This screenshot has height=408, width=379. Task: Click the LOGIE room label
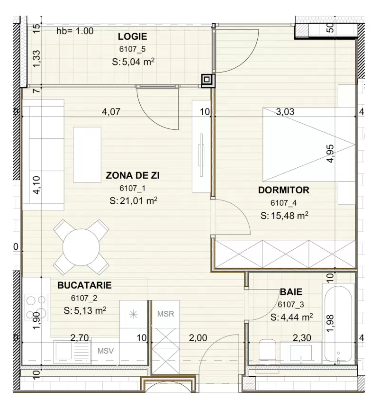pos(132,36)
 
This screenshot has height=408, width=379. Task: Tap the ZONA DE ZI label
pos(133,175)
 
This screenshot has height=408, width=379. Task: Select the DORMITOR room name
pos(284,190)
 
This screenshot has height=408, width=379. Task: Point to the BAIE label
pos(291,292)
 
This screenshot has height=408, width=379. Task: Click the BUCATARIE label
pos(84,285)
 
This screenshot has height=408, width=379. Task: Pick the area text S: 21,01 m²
pos(133,200)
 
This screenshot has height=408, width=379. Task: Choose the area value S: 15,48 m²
pos(284,216)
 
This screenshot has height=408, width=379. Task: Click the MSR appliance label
pos(165,314)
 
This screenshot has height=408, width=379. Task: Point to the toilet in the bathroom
pos(265,351)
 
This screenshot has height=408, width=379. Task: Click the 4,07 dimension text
pos(111,112)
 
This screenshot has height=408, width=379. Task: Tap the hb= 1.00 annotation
pos(75,31)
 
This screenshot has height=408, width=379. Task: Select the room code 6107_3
pos(290,305)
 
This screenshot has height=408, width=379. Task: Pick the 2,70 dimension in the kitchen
pos(80,338)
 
